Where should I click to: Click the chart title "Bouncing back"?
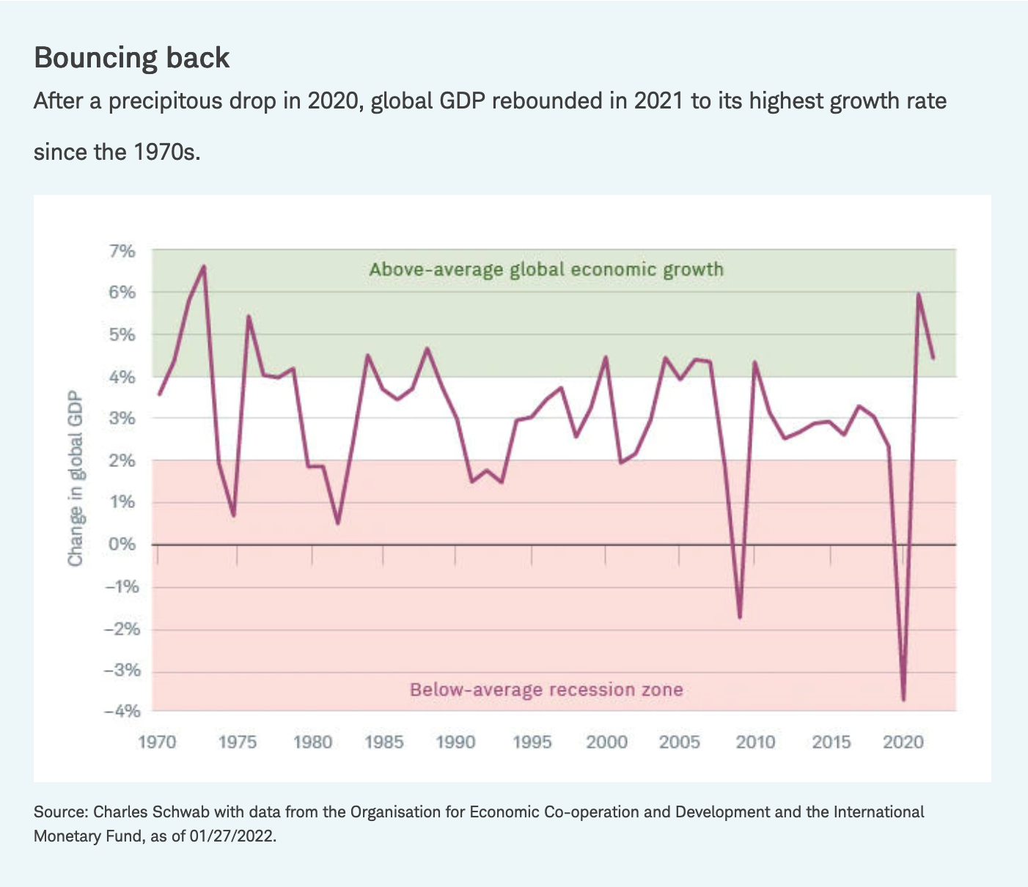tap(132, 58)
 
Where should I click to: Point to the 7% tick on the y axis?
tap(122, 251)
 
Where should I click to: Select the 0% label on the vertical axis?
tap(122, 544)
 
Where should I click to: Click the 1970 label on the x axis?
tap(157, 742)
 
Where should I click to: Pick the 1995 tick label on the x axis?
tap(532, 742)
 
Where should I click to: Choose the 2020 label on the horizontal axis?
tap(903, 742)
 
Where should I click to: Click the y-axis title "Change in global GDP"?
tap(75, 480)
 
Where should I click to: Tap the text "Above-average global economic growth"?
tap(546, 270)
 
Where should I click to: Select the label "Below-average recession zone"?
tap(546, 690)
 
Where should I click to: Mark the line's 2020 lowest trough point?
tap(903, 699)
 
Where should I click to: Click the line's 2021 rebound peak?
tap(918, 294)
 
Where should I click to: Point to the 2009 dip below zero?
tap(740, 617)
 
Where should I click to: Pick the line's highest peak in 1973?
tap(204, 266)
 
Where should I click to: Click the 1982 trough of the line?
tap(337, 523)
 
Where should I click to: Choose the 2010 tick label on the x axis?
tap(755, 742)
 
